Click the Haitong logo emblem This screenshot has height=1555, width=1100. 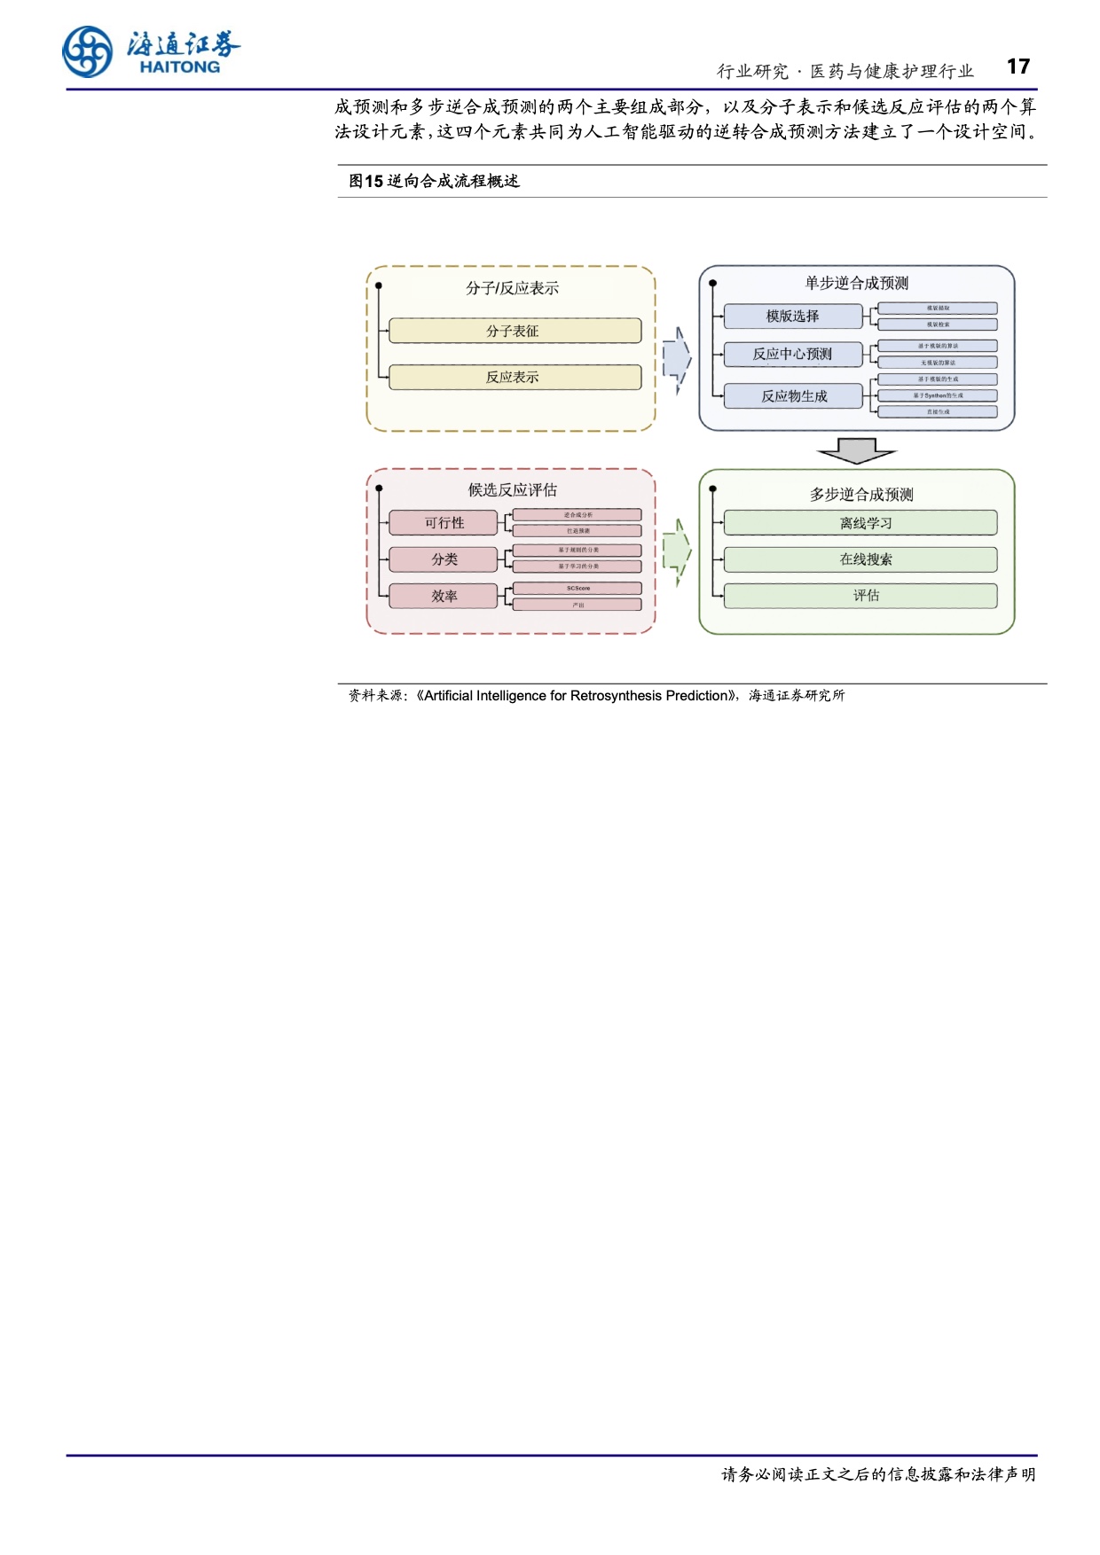(88, 51)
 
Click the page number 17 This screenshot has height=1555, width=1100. (1018, 67)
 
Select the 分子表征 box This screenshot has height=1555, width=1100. (515, 331)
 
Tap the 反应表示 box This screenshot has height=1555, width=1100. (515, 377)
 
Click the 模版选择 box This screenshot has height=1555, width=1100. (792, 316)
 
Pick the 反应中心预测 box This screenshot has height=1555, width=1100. (792, 355)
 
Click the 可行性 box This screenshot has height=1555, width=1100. (444, 523)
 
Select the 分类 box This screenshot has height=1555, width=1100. (444, 559)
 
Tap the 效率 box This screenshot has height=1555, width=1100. (444, 597)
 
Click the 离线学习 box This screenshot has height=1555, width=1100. (860, 523)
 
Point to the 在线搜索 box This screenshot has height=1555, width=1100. (860, 559)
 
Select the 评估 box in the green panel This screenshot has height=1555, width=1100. (860, 596)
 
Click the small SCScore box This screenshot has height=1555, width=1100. (577, 589)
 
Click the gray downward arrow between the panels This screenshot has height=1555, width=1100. (857, 450)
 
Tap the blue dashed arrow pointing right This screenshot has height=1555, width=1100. (677, 358)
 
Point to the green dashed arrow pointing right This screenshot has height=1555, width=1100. (677, 552)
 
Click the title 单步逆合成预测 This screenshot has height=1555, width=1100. (856, 283)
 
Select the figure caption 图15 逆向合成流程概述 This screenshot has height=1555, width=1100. (434, 181)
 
